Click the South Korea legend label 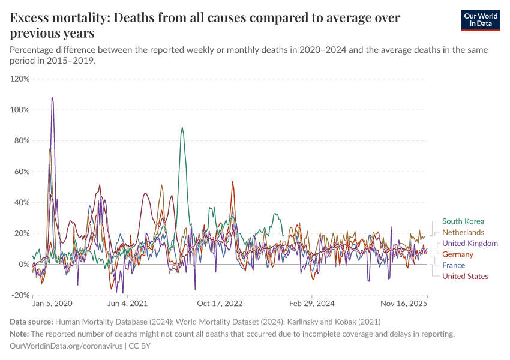click(x=463, y=221)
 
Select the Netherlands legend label click(x=463, y=232)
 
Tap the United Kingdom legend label click(x=470, y=243)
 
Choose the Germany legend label click(x=458, y=254)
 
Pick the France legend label click(x=454, y=265)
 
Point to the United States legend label click(x=465, y=276)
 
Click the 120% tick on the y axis click(x=20, y=79)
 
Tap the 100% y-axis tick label click(x=20, y=110)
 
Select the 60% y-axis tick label click(x=22, y=172)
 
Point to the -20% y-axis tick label click(x=20, y=295)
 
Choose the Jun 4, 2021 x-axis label click(x=128, y=304)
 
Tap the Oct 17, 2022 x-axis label click(x=220, y=304)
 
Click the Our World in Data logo click(x=480, y=20)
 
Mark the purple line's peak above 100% click(x=52, y=97)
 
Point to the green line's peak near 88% click(x=182, y=128)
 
